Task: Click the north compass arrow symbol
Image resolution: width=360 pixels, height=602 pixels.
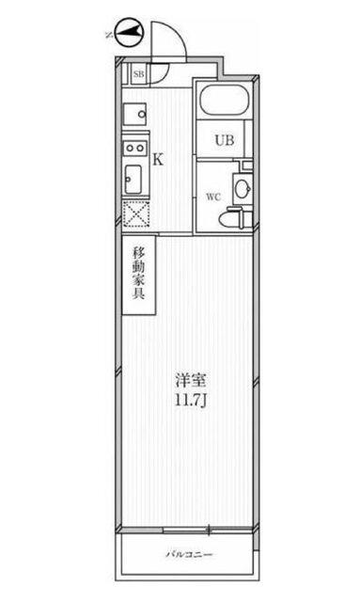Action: [130, 35]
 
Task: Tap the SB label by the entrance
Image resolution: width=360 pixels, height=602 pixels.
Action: [139, 72]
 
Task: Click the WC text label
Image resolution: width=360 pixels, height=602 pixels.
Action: [212, 197]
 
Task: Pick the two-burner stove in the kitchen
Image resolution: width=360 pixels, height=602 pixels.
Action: [133, 148]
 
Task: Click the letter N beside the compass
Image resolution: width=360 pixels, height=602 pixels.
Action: [110, 36]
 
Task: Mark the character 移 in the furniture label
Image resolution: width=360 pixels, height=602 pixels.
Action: [138, 253]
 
